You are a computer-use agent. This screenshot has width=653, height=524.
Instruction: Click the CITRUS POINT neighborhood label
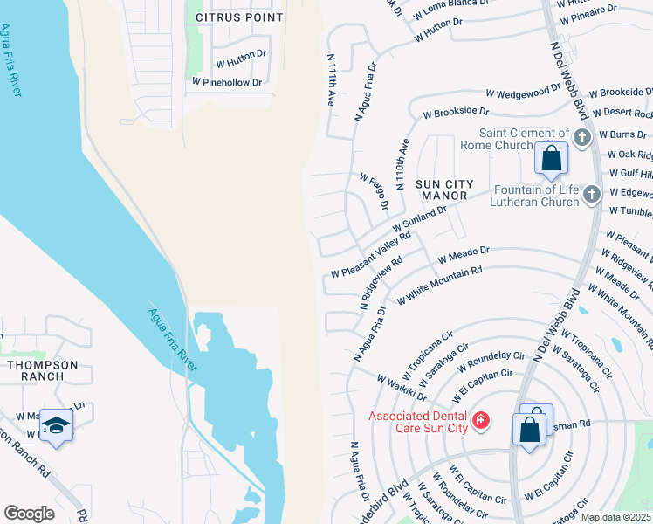(x=239, y=17)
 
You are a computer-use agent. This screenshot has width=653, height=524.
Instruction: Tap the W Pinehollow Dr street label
(x=227, y=82)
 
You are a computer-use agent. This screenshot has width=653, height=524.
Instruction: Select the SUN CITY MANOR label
(x=443, y=191)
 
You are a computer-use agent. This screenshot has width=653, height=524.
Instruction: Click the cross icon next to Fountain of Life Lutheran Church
(x=592, y=194)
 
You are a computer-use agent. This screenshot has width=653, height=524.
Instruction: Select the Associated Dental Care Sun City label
(x=418, y=423)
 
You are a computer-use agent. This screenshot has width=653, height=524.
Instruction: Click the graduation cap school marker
(x=56, y=424)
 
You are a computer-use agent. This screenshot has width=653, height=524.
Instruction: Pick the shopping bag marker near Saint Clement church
(x=551, y=159)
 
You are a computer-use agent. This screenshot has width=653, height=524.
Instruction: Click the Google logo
(x=29, y=513)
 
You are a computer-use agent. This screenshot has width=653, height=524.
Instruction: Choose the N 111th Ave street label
(x=332, y=80)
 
